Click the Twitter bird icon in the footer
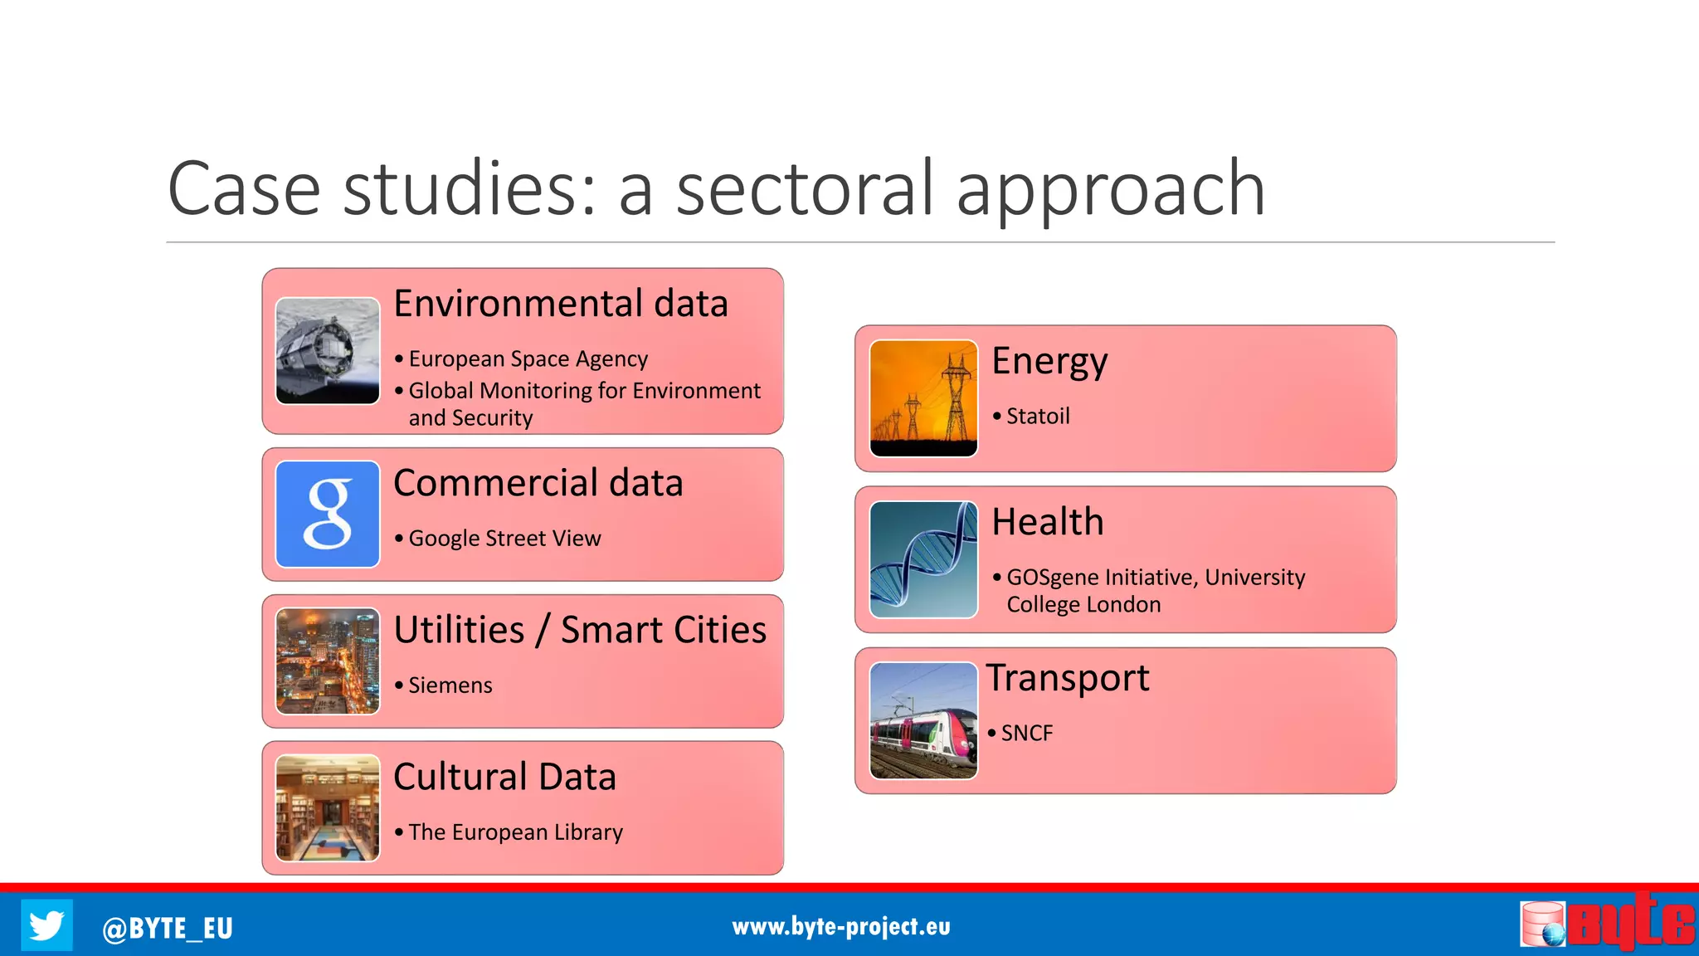tap(46, 924)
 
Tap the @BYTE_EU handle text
tap(167, 928)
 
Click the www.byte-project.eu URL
tap(840, 926)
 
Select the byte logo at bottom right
tap(1607, 923)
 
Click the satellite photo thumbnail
tap(328, 351)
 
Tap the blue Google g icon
tap(328, 515)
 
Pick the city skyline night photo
tap(328, 661)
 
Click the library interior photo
tap(328, 807)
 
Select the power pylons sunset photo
tap(923, 398)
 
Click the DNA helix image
tap(923, 559)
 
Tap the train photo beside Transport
tap(923, 720)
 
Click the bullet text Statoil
tap(1037, 416)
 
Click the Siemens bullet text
tap(450, 685)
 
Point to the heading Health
tap(1048, 522)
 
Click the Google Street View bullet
tap(504, 539)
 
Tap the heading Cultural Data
tap(504, 777)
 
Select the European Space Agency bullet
tap(528, 358)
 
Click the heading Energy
tap(1049, 362)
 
